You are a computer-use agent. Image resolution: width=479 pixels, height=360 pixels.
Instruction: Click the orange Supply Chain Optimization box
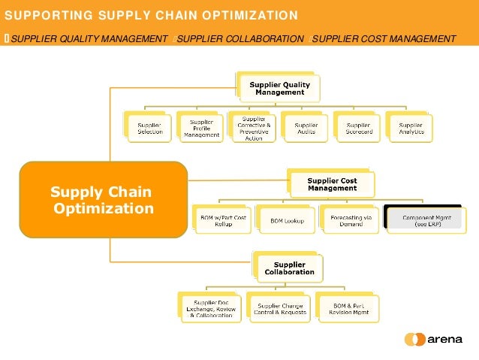103,199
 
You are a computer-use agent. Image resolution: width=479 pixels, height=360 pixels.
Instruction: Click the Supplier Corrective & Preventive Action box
254,128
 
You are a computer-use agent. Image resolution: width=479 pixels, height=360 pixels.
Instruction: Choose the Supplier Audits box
306,128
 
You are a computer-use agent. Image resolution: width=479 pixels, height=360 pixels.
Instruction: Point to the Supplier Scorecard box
358,128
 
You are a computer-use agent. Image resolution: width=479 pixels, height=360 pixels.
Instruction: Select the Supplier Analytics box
411,128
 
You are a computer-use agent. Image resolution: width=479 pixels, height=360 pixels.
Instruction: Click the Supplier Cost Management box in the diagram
332,184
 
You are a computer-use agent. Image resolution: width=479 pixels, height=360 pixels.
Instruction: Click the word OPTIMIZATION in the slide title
248,15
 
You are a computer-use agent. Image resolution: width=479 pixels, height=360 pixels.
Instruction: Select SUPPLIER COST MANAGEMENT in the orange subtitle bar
384,39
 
